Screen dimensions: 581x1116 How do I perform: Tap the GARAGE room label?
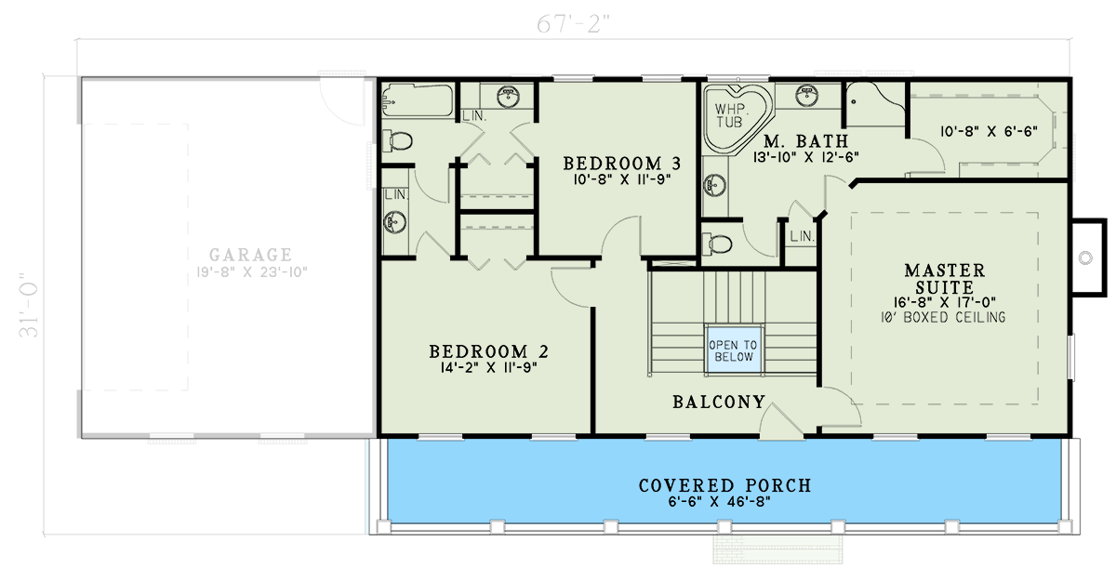(250, 255)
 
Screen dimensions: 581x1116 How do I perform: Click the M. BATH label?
(805, 142)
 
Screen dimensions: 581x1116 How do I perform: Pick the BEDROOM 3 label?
(617, 164)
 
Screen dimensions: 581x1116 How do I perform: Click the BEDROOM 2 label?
(488, 352)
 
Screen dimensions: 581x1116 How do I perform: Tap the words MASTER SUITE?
(944, 279)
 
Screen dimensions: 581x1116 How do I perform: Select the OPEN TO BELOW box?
(734, 350)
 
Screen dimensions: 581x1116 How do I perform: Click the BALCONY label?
(719, 403)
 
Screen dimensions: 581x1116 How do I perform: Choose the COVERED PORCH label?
(724, 485)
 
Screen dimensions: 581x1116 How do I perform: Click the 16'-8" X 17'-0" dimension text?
(944, 302)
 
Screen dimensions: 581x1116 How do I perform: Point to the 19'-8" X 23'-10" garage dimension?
(250, 271)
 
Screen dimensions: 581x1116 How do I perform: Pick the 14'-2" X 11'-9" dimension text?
(488, 368)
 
